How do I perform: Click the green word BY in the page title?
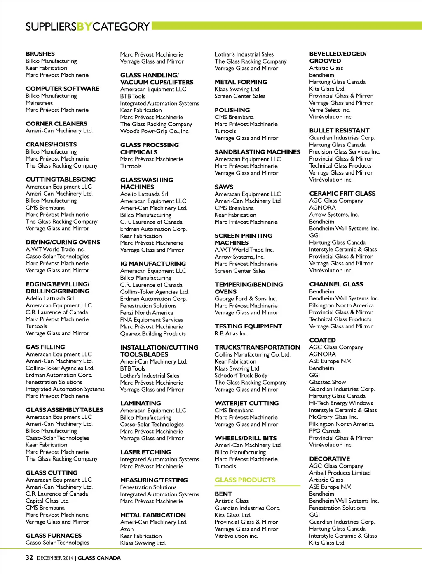pyautogui.click(x=84, y=27)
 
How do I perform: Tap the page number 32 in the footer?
pyautogui.click(x=29, y=557)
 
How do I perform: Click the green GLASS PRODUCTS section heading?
pyautogui.click(x=245, y=480)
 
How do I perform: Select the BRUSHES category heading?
pyautogui.click(x=40, y=54)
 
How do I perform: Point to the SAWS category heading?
pyautogui.click(x=224, y=187)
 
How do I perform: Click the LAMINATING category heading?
pyautogui.click(x=141, y=403)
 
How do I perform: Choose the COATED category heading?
pyautogui.click(x=322, y=340)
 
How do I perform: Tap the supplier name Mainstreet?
pyautogui.click(x=39, y=103)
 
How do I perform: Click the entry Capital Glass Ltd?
pyautogui.click(x=47, y=501)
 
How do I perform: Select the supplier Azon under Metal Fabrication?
pyautogui.click(x=127, y=529)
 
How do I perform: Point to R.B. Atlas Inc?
pyautogui.click(x=231, y=333)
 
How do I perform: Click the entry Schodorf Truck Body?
pyautogui.click(x=241, y=376)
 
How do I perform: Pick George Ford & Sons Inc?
pyautogui.click(x=246, y=298)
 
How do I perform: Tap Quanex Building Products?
pyautogui.click(x=153, y=333)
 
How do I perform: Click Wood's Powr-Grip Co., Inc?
pyautogui.click(x=155, y=131)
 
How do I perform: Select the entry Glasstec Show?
pyautogui.click(x=328, y=382)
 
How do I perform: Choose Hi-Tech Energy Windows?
pyautogui.click(x=341, y=403)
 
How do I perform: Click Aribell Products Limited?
pyautogui.click(x=340, y=473)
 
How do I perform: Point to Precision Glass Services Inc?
pyautogui.click(x=345, y=151)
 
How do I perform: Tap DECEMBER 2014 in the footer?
pyautogui.click(x=55, y=558)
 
